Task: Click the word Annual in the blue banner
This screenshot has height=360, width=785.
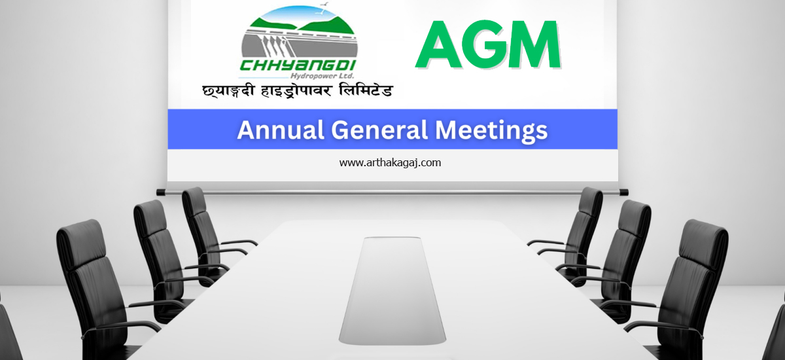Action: (x=281, y=130)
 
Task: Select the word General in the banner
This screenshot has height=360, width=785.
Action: (x=379, y=130)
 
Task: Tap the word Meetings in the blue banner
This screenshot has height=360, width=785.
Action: (x=491, y=131)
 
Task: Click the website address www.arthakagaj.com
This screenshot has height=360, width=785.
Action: (x=390, y=162)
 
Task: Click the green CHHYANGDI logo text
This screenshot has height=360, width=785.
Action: (x=298, y=65)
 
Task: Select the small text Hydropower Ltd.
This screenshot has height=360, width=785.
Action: (x=323, y=76)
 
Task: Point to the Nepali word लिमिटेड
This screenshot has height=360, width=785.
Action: (x=366, y=90)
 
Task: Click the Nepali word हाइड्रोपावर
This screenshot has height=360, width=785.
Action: (x=296, y=91)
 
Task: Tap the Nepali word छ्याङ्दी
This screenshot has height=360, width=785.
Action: (x=228, y=91)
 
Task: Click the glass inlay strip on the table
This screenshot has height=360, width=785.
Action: (x=392, y=289)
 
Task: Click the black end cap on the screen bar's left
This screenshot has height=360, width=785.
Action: (x=160, y=192)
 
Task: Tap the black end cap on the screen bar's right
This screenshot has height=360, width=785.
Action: (x=624, y=192)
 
